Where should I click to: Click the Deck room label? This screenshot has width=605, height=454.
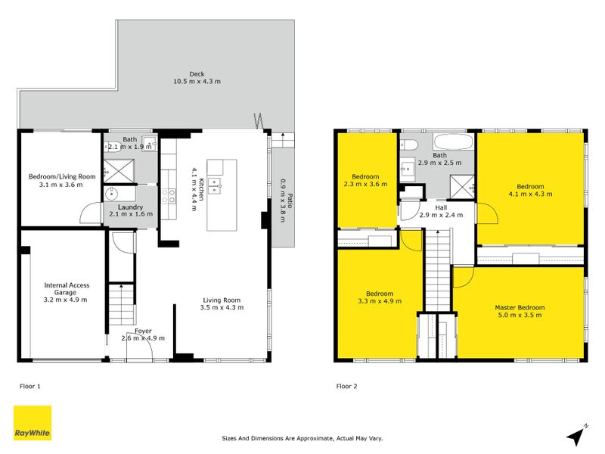(197, 74)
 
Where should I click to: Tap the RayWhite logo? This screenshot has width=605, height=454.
(33, 423)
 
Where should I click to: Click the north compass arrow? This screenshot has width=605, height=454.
(577, 435)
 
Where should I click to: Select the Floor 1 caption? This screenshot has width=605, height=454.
(30, 386)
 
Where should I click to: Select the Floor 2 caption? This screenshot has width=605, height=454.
(346, 386)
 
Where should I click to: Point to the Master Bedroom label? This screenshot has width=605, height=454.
(520, 308)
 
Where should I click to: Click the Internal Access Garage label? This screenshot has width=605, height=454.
(67, 289)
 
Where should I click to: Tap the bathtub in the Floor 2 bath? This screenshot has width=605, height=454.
(453, 142)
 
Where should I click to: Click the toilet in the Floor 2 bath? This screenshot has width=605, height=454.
(408, 145)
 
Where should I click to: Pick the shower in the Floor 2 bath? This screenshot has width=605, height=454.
(462, 187)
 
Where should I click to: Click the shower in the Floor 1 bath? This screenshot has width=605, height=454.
(119, 171)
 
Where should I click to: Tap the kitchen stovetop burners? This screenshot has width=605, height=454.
(169, 196)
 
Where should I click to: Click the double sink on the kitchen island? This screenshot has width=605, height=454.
(216, 185)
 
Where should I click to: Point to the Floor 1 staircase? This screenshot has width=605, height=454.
(122, 304)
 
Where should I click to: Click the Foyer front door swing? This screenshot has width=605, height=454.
(140, 347)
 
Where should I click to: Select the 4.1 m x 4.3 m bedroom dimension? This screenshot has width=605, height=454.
(530, 194)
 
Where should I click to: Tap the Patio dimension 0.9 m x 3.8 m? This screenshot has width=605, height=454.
(282, 201)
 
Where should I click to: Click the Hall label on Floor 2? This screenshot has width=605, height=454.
(441, 207)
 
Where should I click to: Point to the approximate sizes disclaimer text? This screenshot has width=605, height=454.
(302, 438)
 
